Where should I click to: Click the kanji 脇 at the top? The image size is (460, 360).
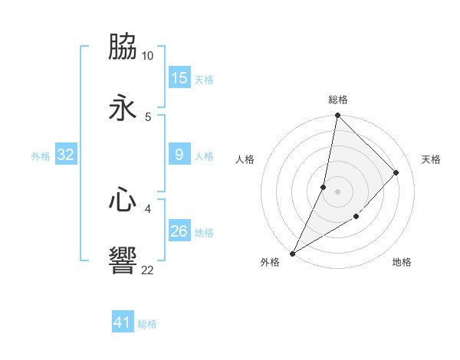pyautogui.click(x=123, y=47)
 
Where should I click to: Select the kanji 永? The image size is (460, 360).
pyautogui.click(x=123, y=108)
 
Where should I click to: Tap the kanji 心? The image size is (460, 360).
pyautogui.click(x=123, y=200)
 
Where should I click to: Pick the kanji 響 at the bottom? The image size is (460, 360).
pyautogui.click(x=123, y=260)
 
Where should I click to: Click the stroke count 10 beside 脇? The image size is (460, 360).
pyautogui.click(x=148, y=56)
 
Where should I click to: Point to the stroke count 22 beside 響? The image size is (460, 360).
pyautogui.click(x=148, y=270)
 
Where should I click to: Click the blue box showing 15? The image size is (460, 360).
pyautogui.click(x=179, y=78)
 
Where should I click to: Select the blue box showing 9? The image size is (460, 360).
pyautogui.click(x=179, y=155)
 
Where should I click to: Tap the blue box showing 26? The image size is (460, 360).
pyautogui.click(x=179, y=231)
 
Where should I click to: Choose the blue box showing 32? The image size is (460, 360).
pyautogui.click(x=66, y=155)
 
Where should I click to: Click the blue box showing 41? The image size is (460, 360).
pyautogui.click(x=123, y=322)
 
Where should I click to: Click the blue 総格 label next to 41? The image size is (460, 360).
pyautogui.click(x=147, y=324)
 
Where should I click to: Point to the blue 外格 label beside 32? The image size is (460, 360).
pyautogui.click(x=41, y=156)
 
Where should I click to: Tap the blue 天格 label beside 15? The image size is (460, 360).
pyautogui.click(x=204, y=80)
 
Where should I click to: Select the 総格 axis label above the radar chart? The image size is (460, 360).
pyautogui.click(x=338, y=100)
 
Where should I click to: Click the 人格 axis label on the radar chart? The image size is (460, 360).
pyautogui.click(x=245, y=159)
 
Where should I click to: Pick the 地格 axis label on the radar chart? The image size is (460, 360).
pyautogui.click(x=402, y=262)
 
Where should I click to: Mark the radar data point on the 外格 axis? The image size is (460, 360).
pyautogui.click(x=292, y=254)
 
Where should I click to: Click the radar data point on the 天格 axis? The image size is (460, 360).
pyautogui.click(x=396, y=172)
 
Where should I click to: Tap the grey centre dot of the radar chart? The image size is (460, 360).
pyautogui.click(x=337, y=191)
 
